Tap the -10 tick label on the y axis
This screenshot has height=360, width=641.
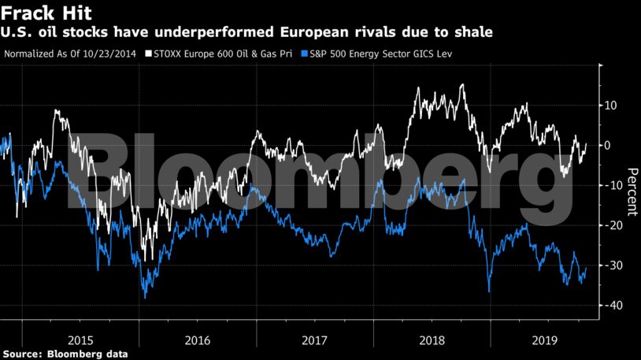[x=610, y=185]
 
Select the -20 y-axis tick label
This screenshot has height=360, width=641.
[x=610, y=225]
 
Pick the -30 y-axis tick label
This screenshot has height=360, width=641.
[x=610, y=265]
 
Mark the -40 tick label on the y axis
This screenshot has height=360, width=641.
[x=610, y=306]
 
